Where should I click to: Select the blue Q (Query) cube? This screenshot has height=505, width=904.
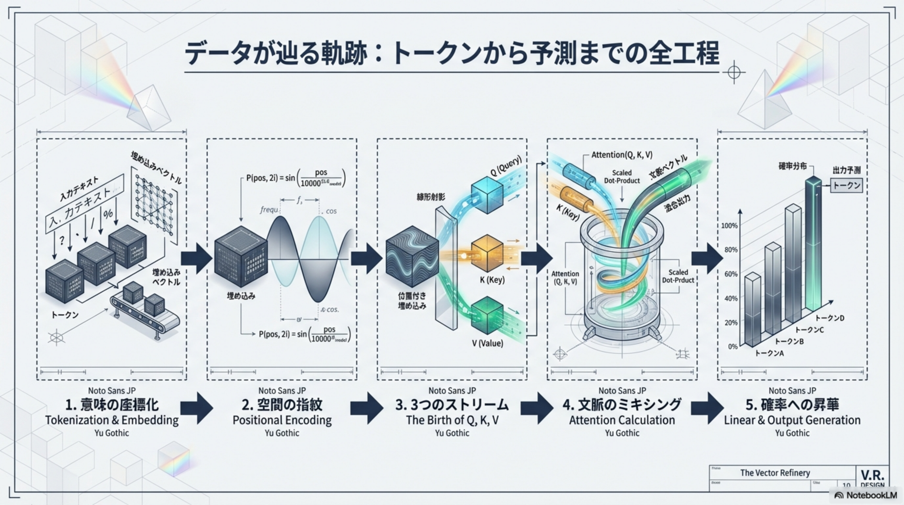pyautogui.click(x=487, y=195)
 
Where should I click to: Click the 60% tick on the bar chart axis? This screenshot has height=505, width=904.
pyautogui.click(x=731, y=274)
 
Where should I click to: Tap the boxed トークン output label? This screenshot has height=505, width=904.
pyautogui.click(x=846, y=185)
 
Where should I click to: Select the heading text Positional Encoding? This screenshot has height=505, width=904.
pyautogui.click(x=282, y=420)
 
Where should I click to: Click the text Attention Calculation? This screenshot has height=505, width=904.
pyautogui.click(x=622, y=420)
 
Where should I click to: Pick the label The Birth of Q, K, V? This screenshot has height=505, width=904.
pyautogui.click(x=452, y=420)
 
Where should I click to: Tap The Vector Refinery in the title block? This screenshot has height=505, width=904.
pyautogui.click(x=775, y=473)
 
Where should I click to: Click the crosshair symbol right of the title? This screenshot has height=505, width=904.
pyautogui.click(x=734, y=72)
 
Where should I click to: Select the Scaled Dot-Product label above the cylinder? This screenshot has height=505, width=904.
pyautogui.click(x=621, y=177)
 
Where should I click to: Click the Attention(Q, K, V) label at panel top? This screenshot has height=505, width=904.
pyautogui.click(x=621, y=155)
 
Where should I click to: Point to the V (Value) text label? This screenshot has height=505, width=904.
pyautogui.click(x=487, y=343)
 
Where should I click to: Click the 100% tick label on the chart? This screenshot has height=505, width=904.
pyautogui.click(x=729, y=226)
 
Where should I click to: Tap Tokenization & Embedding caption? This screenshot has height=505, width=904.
pyautogui.click(x=112, y=420)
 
